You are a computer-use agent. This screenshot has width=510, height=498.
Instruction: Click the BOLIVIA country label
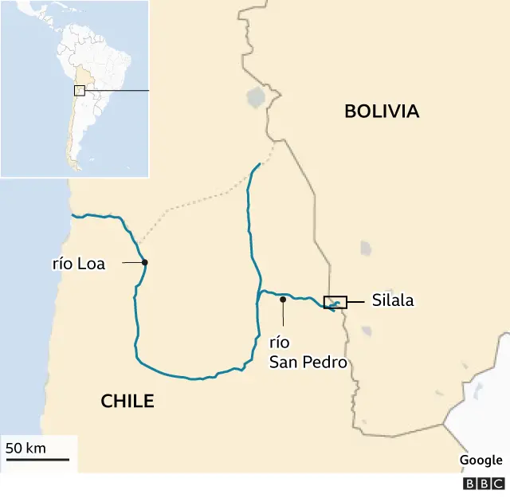pyautogui.click(x=382, y=112)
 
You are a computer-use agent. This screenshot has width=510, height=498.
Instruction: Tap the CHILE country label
pyautogui.click(x=127, y=402)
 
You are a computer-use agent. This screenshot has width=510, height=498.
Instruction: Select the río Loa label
pyautogui.click(x=78, y=264)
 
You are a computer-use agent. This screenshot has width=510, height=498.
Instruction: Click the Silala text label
pyautogui.click(x=393, y=301)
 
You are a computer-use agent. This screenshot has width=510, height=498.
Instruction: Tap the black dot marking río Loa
pyautogui.click(x=144, y=262)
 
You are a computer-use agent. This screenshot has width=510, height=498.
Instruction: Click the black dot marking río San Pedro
pyautogui.click(x=283, y=300)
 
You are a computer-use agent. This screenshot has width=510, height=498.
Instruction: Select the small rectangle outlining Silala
pyautogui.click(x=335, y=301)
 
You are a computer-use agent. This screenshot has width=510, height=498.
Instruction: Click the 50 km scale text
pyautogui.click(x=26, y=448)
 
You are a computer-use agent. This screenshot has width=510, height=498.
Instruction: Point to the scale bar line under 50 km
pyautogui.click(x=37, y=459)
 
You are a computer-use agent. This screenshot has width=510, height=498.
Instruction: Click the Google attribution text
pyautogui.click(x=481, y=460)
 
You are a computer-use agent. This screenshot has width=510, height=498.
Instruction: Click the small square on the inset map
pyautogui.click(x=79, y=90)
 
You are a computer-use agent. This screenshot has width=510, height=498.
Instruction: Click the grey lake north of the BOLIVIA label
pyautogui.click(x=256, y=98)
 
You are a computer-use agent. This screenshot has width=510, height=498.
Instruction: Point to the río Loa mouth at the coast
pyautogui.click(x=73, y=215)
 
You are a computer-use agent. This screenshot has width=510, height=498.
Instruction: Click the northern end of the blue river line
pyautogui.click(x=259, y=164)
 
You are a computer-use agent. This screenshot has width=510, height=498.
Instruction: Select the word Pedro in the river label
pyautogui.click(x=327, y=363)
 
